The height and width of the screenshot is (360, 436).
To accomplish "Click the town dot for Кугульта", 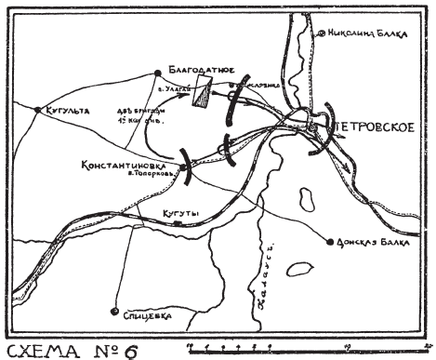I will coord(37,110).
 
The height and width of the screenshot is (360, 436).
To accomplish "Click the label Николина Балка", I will coord(367,33).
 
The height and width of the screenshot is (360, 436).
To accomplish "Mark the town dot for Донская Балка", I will coord(330,243).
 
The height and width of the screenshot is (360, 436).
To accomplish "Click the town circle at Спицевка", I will coord(114,311).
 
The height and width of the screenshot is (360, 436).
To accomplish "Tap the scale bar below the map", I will coord(297,348).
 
